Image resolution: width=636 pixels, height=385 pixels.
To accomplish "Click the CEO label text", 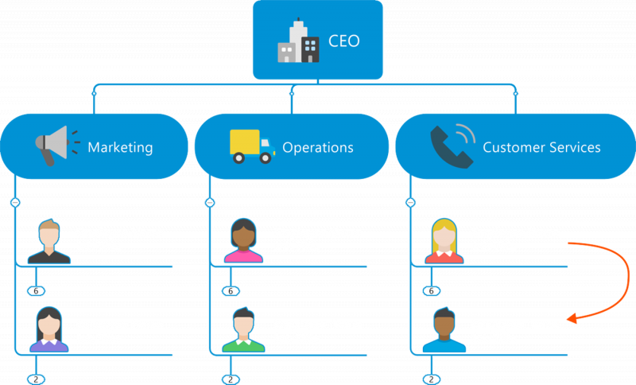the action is pyautogui.click(x=343, y=41).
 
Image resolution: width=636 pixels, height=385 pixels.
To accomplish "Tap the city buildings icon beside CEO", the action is pyautogui.click(x=298, y=40).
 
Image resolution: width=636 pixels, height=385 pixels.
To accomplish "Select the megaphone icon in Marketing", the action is pyautogui.click(x=57, y=146).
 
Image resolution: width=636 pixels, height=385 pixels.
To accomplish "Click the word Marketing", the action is pyautogui.click(x=120, y=148).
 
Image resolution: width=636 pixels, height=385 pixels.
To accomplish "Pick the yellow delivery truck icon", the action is pyautogui.click(x=252, y=146).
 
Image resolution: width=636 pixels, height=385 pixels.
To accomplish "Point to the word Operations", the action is pyautogui.click(x=317, y=148).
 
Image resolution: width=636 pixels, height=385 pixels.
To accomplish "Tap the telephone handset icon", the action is pyautogui.click(x=452, y=146).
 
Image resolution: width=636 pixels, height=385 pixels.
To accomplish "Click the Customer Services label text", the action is pyautogui.click(x=541, y=147).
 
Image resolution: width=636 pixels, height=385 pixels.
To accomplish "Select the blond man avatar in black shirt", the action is pyautogui.click(x=49, y=242).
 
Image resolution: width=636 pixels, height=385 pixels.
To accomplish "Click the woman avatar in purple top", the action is pyautogui.click(x=49, y=329).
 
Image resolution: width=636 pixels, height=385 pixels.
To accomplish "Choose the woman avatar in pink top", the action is pyautogui.click(x=243, y=240).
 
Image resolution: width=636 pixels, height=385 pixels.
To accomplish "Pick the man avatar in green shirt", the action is pyautogui.click(x=243, y=329).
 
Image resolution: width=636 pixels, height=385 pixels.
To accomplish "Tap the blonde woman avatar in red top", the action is pyautogui.click(x=444, y=241).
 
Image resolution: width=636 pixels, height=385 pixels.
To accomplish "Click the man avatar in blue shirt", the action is pyautogui.click(x=444, y=329).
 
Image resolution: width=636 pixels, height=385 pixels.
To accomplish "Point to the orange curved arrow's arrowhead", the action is pyautogui.click(x=572, y=318).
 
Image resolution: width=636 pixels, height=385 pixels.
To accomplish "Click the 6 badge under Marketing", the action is pyautogui.click(x=36, y=291).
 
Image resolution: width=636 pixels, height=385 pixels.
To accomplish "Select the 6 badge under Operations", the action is pyautogui.click(x=231, y=291).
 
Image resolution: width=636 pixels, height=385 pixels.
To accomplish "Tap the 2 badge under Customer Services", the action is pyautogui.click(x=431, y=379).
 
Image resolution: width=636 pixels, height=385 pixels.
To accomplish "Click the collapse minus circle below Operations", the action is pyautogui.click(x=210, y=202).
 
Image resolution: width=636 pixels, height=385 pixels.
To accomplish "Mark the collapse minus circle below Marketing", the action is pyautogui.click(x=15, y=202).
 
